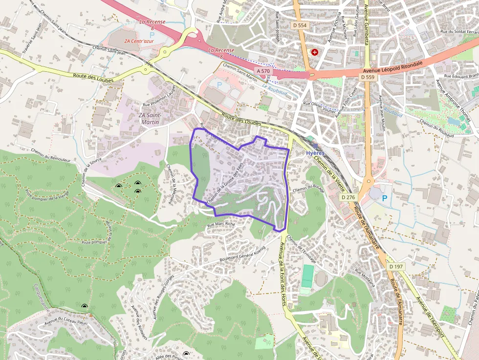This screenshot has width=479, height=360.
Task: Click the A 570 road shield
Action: point(263,71)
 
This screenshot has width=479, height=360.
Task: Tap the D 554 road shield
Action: point(301,24)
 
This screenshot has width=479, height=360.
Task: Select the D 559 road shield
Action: point(368,77)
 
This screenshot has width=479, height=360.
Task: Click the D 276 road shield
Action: point(348,197)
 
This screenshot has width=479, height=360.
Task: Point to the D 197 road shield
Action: point(396,267)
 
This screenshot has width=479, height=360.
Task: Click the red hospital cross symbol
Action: point(314,51)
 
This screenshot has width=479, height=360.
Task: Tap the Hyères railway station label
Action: point(315,153)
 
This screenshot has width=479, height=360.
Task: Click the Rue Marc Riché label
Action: point(221,224)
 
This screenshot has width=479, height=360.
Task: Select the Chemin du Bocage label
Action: point(308,189)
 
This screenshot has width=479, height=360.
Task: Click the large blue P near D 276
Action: point(384,198)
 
